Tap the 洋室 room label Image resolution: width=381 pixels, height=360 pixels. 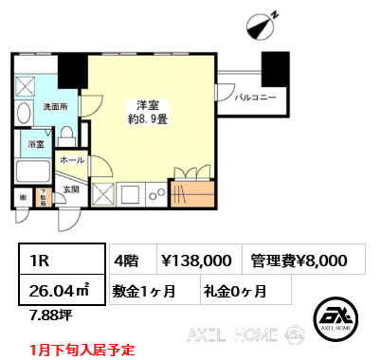click(x=146, y=104)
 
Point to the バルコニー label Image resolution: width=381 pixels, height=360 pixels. click(x=256, y=98)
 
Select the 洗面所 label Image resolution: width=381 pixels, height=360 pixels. click(x=54, y=108)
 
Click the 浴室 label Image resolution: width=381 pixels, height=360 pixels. click(x=35, y=146)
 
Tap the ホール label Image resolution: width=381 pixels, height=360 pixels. click(x=72, y=162)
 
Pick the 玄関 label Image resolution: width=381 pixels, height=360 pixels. click(x=72, y=189)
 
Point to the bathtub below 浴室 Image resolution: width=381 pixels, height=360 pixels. click(x=33, y=173)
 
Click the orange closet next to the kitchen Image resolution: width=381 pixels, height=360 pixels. click(x=193, y=191)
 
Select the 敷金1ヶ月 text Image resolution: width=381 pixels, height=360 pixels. click(x=149, y=290)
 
